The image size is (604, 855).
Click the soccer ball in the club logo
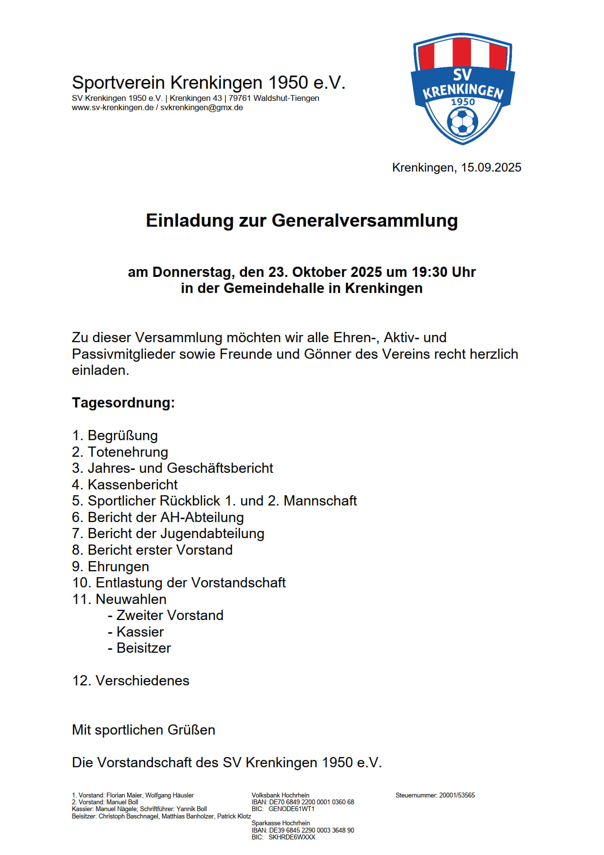click(462, 122)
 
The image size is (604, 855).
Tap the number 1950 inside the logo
click(463, 102)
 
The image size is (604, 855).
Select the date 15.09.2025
click(491, 168)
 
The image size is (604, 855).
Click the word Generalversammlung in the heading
click(364, 220)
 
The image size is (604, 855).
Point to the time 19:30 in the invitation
click(430, 272)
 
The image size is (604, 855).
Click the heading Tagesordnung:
click(123, 403)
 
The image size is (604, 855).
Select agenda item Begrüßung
click(122, 435)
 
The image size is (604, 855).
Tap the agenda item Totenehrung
click(128, 452)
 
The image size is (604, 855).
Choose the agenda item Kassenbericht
click(132, 485)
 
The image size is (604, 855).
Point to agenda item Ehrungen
click(118, 566)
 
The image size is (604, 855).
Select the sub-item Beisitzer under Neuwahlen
click(144, 648)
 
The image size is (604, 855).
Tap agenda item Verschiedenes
click(142, 680)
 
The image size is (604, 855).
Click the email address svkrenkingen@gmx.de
click(202, 108)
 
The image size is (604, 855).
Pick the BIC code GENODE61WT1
click(291, 809)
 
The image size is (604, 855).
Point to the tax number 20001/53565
click(457, 795)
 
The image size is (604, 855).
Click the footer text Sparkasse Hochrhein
click(281, 823)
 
